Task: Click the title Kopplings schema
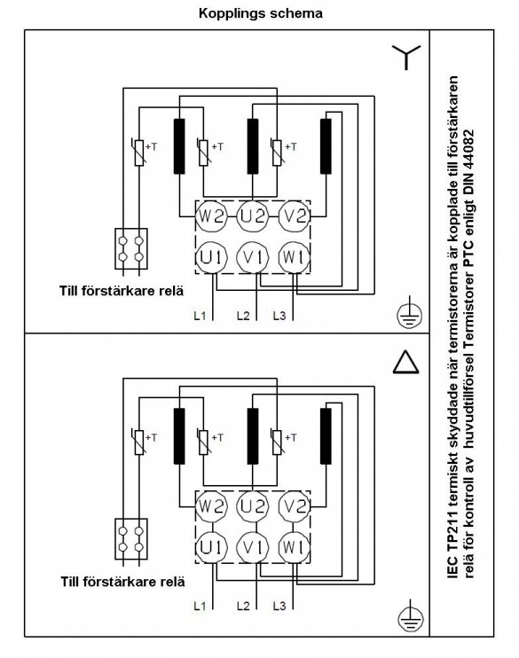(260, 13)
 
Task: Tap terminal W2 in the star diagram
(212, 216)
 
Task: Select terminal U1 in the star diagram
(211, 257)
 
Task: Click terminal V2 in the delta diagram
(295, 507)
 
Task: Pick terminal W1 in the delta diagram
(295, 547)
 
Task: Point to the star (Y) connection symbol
(406, 57)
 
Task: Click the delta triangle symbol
(406, 362)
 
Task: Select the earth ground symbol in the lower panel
(410, 617)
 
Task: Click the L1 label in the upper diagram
(200, 315)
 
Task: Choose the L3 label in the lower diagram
(279, 606)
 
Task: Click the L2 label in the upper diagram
(243, 315)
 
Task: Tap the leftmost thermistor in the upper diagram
(139, 153)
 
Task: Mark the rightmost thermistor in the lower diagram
(277, 443)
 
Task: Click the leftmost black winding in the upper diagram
(179, 146)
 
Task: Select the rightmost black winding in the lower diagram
(326, 436)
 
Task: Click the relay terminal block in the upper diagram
(131, 248)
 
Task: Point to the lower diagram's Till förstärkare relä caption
(122, 582)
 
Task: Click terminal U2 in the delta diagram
(253, 507)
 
